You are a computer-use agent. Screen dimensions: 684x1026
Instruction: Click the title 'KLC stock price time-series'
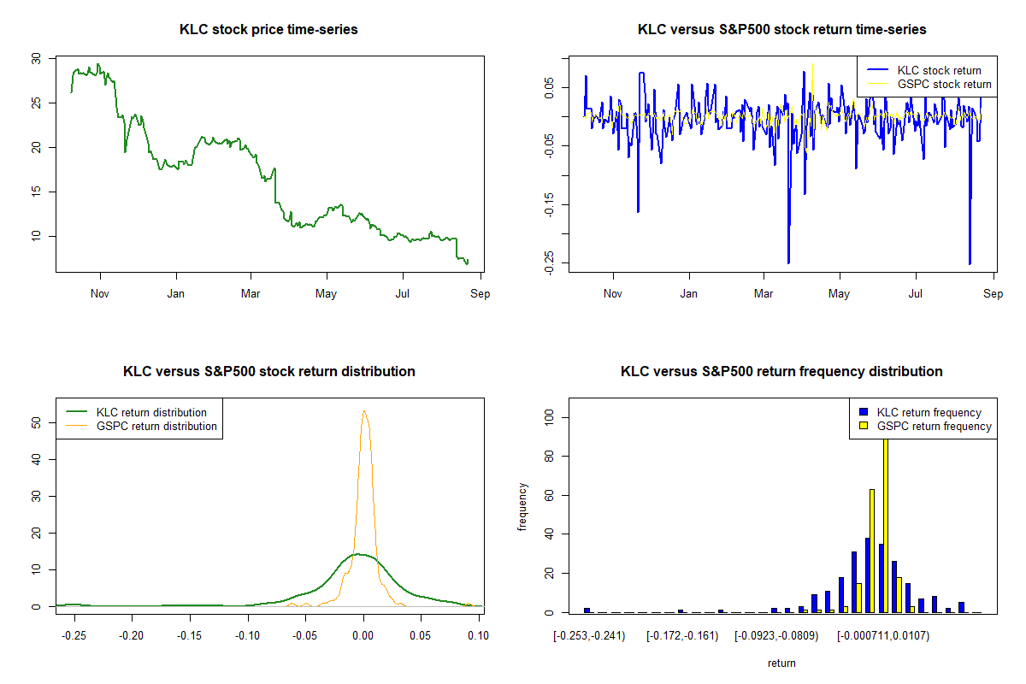pos(268,30)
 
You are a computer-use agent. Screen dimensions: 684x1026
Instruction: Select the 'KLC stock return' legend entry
pos(939,70)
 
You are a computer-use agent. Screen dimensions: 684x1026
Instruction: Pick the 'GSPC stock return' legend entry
pos(944,85)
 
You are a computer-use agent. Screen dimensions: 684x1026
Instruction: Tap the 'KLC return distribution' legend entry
pos(151,412)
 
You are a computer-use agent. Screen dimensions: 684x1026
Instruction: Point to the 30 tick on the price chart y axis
pos(35,59)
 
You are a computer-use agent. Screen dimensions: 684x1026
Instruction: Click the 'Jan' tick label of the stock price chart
pos(176,294)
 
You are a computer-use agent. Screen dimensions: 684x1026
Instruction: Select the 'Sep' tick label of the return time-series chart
pos(992,294)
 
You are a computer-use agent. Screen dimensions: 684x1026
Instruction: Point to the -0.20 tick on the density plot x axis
pos(131,636)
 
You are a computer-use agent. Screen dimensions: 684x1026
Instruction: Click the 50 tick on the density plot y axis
pos(35,422)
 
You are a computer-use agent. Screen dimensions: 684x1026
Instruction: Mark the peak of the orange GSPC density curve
pos(364,411)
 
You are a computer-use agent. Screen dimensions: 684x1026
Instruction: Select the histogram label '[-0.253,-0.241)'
pos(589,636)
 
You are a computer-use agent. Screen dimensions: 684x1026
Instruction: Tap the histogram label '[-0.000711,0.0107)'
pos(882,636)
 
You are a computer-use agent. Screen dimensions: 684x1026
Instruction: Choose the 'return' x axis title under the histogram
pos(781,663)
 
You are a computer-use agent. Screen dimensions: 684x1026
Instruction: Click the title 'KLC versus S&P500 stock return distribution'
pos(268,372)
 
